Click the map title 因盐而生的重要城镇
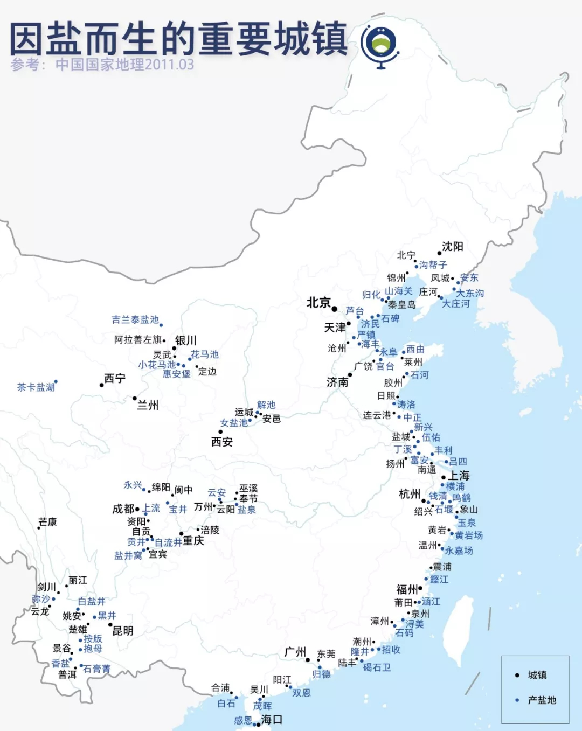coord(178,39)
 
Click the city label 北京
coord(318,303)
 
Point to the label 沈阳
coord(453,247)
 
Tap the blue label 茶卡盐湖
coord(36,387)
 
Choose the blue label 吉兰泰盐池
coord(135,320)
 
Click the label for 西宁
coord(115,379)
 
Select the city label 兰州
coord(148,405)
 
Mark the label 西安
coord(222,442)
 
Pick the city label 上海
coord(459,476)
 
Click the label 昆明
coord(123,631)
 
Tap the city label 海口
coord(272,720)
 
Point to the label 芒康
coord(47,522)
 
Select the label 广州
coord(295,652)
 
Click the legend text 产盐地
coord(542,700)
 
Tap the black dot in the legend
coord(517,675)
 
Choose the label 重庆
coord(193,541)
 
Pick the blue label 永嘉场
coord(459,551)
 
